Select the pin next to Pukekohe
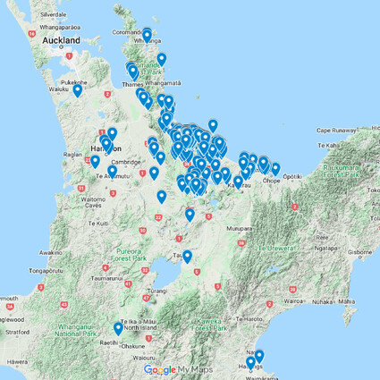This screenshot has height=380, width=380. point(78,89)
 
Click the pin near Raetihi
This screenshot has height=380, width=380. point(118,328)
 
